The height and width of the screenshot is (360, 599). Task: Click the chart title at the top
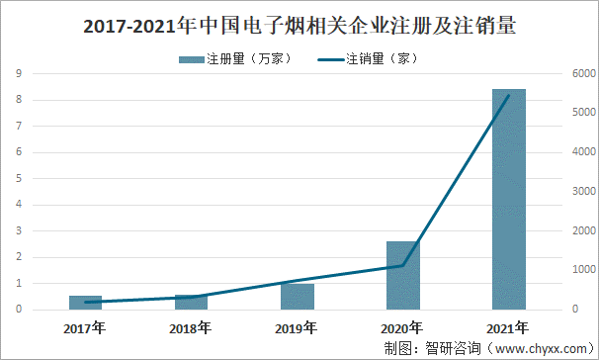click(x=300, y=24)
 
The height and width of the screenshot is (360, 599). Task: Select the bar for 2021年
click(x=509, y=198)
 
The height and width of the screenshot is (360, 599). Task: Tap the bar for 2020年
click(x=402, y=275)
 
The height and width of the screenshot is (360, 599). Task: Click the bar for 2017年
click(x=85, y=303)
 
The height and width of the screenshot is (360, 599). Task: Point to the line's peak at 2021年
click(x=509, y=95)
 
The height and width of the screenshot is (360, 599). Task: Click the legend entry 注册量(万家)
click(x=235, y=59)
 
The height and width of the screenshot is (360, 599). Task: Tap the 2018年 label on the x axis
click(x=192, y=327)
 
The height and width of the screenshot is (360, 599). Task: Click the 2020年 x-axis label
click(x=403, y=327)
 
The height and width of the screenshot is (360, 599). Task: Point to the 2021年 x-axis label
click(x=509, y=327)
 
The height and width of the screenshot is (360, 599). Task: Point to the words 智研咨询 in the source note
click(x=452, y=347)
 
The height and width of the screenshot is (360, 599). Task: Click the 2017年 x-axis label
click(x=86, y=327)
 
